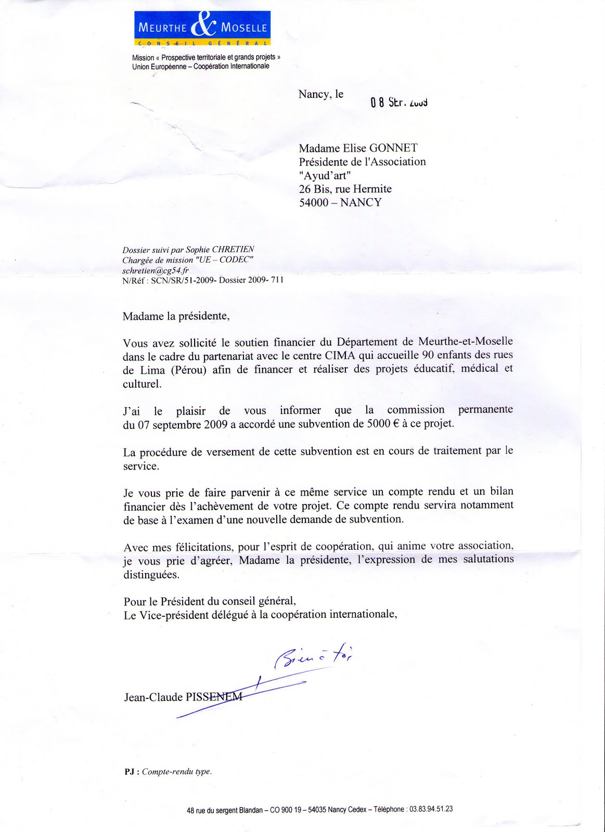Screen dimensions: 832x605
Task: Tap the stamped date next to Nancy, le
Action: [399, 102]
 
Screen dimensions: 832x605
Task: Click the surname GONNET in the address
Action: [394, 148]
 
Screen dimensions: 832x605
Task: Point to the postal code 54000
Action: [314, 202]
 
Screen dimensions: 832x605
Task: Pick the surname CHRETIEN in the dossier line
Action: [233, 250]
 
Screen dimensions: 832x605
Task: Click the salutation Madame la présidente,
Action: [176, 316]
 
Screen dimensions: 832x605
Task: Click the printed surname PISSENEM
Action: [214, 697]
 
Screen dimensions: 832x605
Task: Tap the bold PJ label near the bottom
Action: [129, 772]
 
